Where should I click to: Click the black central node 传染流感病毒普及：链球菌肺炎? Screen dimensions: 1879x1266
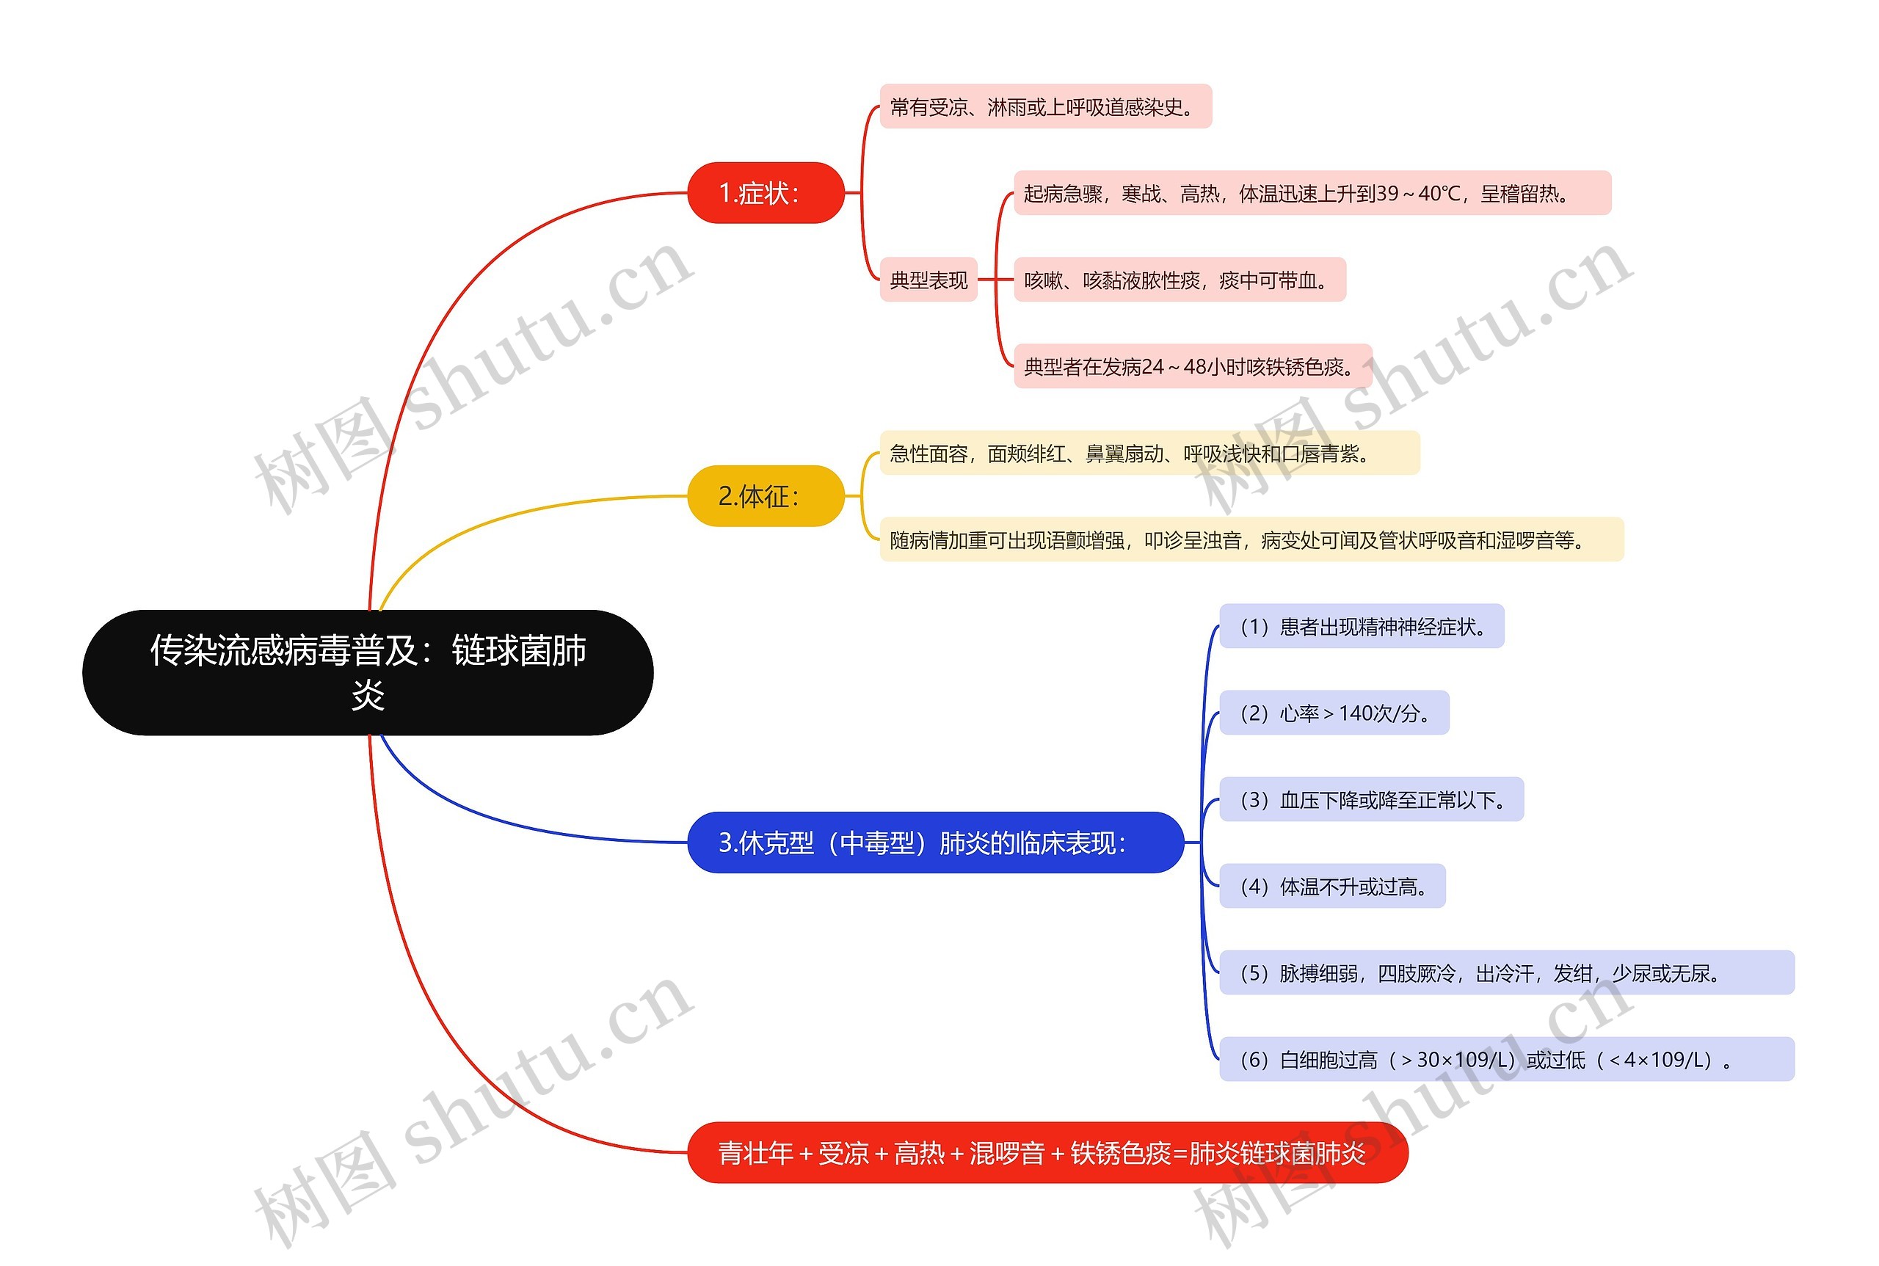(368, 672)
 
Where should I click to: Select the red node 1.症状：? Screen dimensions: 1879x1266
(765, 193)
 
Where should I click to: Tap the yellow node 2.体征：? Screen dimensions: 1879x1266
(765, 495)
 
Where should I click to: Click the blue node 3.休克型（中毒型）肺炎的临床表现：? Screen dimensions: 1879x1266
(934, 842)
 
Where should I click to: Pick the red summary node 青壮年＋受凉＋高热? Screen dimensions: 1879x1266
(1047, 1152)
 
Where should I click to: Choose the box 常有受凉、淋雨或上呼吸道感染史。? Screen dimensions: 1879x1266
(1045, 106)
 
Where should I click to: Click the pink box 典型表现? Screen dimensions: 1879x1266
(928, 280)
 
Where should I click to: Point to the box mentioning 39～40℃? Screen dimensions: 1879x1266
(1312, 194)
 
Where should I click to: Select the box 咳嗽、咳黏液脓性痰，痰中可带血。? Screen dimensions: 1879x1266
(1179, 280)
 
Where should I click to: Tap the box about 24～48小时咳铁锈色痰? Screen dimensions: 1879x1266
(1192, 366)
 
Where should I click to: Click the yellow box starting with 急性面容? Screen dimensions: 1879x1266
(1148, 454)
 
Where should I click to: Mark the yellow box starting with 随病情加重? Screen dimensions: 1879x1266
(1250, 540)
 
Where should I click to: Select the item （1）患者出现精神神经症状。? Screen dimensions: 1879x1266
(1361, 627)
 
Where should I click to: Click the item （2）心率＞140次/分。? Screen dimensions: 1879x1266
(1333, 713)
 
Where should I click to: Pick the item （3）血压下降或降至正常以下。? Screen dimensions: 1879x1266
(1370, 800)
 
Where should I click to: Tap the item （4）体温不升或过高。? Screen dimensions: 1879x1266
(1331, 887)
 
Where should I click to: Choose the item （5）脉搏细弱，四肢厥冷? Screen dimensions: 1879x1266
(1505, 973)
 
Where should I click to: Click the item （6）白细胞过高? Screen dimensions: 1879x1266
(1505, 1059)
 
